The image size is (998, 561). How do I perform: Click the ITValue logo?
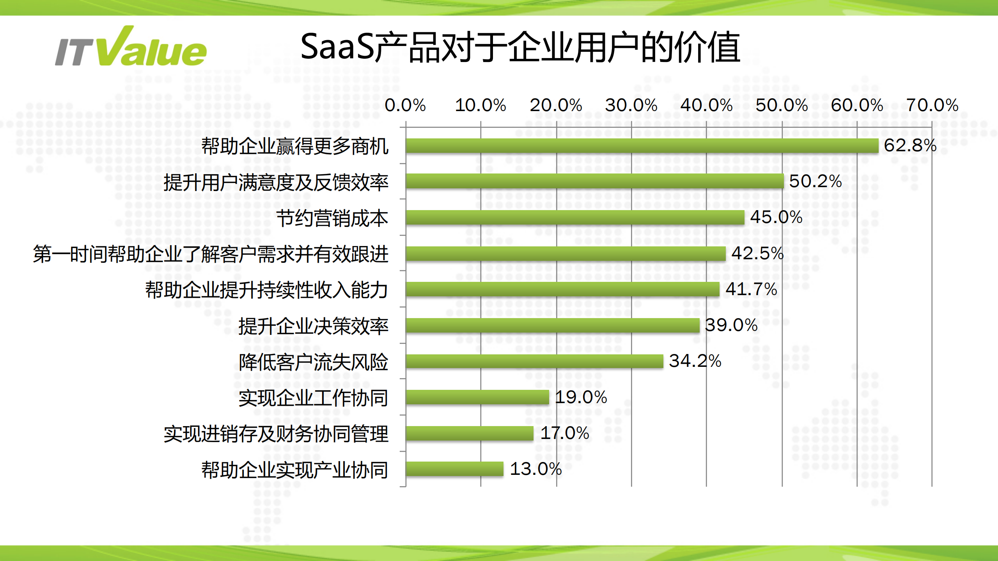(131, 48)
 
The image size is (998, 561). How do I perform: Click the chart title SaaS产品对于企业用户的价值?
(520, 48)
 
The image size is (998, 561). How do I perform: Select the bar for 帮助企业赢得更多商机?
(642, 146)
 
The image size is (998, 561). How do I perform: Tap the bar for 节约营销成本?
(575, 218)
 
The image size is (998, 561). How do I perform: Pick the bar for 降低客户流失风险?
(534, 361)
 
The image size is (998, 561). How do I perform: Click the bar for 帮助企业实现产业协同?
(454, 469)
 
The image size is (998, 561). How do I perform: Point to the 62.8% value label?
(910, 145)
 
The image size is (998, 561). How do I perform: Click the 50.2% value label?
(815, 181)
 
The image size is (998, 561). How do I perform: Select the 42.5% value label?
(757, 253)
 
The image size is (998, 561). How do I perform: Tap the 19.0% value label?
(581, 397)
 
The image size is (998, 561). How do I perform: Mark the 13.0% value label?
(535, 469)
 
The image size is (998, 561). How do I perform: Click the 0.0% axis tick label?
(405, 105)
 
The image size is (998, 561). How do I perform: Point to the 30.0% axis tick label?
(631, 105)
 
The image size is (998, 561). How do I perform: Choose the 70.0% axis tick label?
(932, 105)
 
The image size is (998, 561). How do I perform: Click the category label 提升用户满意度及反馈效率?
(276, 182)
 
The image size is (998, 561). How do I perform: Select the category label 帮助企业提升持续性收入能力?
(266, 290)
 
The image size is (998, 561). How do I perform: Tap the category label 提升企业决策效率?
(313, 326)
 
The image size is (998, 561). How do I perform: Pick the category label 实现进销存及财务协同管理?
(276, 434)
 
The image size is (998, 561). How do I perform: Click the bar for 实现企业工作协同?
(477, 397)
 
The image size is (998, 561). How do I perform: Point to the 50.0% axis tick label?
(782, 105)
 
